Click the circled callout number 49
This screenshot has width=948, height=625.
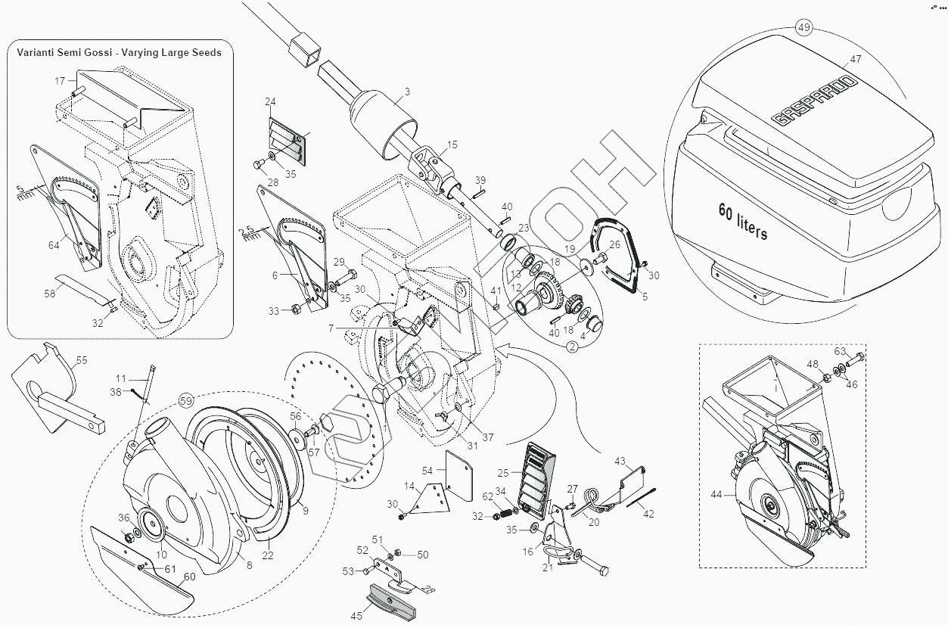pos(803,28)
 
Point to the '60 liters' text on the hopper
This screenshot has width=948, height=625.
pos(742,220)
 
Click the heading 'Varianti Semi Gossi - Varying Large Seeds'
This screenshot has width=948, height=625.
pos(120,52)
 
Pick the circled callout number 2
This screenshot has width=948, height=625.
pos(572,347)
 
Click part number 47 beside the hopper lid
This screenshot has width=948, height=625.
pos(856,58)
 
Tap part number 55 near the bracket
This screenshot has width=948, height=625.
pos(82,361)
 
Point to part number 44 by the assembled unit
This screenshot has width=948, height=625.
pos(716,494)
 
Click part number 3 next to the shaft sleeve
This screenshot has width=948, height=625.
pos(407,92)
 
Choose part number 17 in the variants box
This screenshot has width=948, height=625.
pos(60,79)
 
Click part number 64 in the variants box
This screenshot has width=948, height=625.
pos(54,244)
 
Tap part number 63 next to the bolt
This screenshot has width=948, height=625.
pos(840,350)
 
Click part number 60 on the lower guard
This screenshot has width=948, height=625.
pos(189,577)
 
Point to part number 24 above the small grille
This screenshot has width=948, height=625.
pos(270,101)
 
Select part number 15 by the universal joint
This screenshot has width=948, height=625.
pos(452,144)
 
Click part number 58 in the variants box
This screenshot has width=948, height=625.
pos(50,293)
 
